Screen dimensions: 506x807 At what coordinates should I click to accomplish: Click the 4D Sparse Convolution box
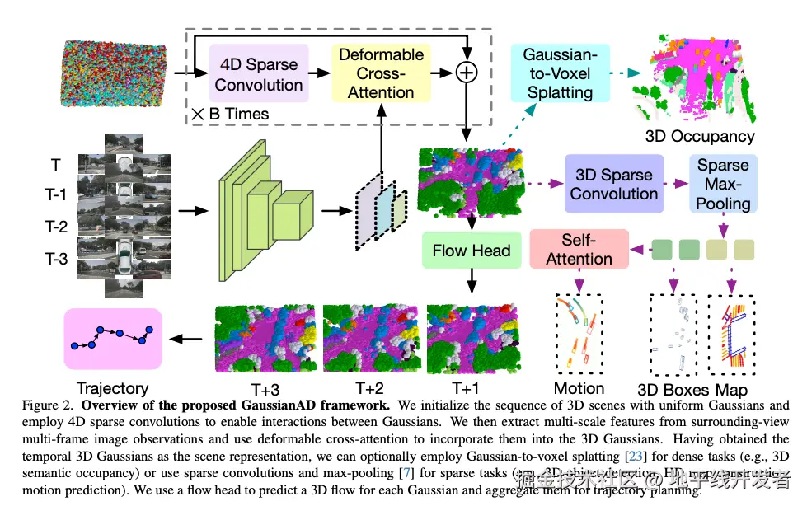tap(259, 74)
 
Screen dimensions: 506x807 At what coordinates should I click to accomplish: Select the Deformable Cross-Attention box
tap(380, 73)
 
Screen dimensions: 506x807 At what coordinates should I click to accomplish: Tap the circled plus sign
tap(467, 73)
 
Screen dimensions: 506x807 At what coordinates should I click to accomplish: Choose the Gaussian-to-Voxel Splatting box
tap(560, 73)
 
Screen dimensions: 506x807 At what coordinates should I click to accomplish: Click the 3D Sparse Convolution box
tap(613, 184)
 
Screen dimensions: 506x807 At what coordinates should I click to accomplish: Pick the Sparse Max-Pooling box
tap(723, 184)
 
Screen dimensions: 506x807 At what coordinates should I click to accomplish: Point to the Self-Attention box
tap(579, 249)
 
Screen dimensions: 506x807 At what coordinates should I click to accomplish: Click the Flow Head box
tap(471, 250)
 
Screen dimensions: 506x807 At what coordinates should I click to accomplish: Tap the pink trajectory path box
tap(112, 338)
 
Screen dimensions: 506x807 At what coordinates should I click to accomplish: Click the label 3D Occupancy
tap(700, 136)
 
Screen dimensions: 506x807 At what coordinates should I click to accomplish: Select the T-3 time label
tap(56, 260)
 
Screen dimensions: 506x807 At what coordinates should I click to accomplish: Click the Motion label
tap(579, 388)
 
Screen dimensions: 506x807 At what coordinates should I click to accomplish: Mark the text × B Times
tap(230, 114)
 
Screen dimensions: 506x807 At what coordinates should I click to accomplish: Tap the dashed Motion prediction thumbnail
tap(578, 335)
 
